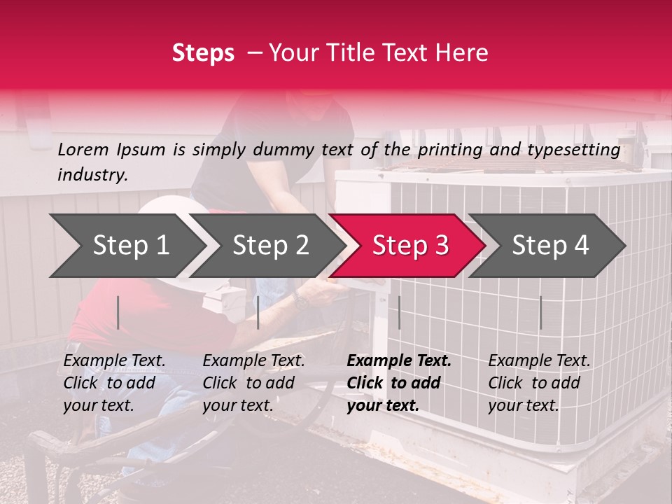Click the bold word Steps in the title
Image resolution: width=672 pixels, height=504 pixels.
(203, 53)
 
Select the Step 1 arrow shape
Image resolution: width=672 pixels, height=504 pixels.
(126, 246)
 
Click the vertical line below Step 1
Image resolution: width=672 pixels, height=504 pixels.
(118, 312)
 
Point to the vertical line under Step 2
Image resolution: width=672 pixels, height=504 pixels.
(258, 312)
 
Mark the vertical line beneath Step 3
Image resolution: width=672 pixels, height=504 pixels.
(399, 312)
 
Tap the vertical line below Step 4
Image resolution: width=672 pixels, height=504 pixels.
(540, 312)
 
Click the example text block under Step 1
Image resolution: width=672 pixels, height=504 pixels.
(114, 383)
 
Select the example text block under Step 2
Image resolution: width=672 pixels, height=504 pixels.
(253, 383)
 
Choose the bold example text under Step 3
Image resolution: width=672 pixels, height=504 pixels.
(399, 383)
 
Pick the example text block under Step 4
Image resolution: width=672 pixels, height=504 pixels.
(539, 383)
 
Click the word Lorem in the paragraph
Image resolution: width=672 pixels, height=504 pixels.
(83, 149)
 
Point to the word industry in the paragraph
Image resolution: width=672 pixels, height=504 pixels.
(92, 175)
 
